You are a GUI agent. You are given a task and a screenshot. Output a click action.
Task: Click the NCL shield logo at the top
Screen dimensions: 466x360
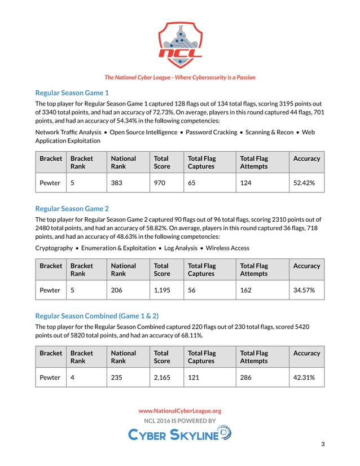tap(180, 45)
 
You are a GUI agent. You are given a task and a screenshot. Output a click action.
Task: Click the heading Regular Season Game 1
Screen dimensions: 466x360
tap(72, 93)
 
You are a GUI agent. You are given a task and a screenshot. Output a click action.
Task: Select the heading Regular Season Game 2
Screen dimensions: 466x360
tap(72, 208)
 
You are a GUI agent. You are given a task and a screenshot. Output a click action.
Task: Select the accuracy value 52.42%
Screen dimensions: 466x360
tap(304, 183)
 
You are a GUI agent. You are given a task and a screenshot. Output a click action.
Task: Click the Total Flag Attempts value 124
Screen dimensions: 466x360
tap(246, 183)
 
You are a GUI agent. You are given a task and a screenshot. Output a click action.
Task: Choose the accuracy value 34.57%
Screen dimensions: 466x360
tap(304, 290)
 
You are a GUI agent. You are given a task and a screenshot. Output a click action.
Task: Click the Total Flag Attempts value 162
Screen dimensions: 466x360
tap(246, 290)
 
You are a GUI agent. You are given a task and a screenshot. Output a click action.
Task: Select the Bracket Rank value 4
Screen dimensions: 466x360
tap(72, 377)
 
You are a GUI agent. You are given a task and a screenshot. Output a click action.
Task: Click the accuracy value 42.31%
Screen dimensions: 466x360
tap(304, 377)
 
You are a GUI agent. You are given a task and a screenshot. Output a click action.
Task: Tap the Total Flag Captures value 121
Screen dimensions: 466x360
tap(194, 377)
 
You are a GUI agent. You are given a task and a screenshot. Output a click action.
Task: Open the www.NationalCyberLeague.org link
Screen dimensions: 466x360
tap(180, 411)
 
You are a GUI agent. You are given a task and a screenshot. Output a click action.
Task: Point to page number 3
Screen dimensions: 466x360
tap(323, 445)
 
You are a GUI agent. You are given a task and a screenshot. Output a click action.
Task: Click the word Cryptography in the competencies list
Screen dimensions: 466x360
tap(54, 248)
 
